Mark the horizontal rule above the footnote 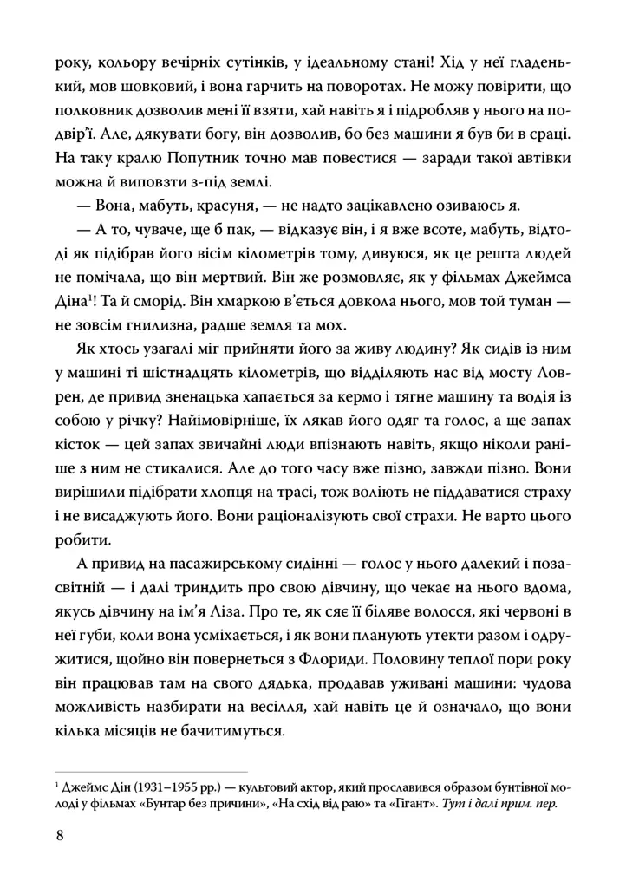click(151, 770)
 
